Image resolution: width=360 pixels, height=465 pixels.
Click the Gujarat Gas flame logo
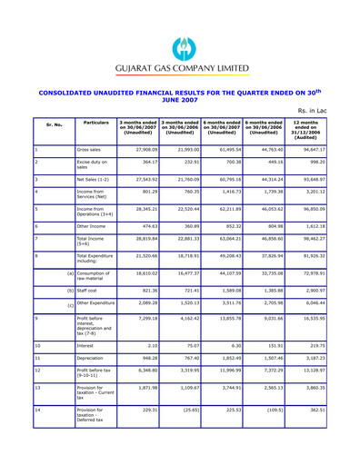(x=182, y=47)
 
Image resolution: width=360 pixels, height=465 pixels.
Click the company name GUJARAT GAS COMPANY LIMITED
(x=181, y=68)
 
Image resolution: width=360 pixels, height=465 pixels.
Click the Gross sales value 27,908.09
(x=139, y=150)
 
